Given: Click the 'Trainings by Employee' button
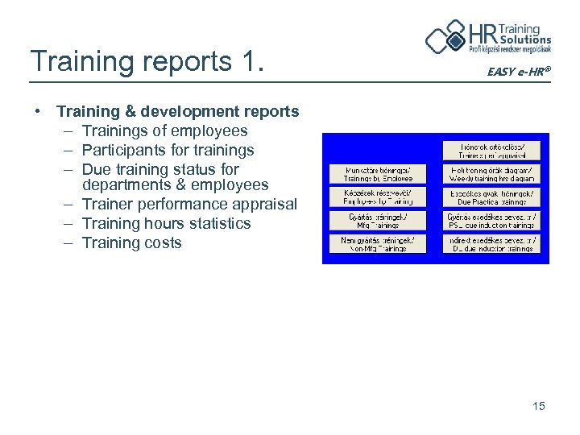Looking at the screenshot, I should pyautogui.click(x=377, y=174).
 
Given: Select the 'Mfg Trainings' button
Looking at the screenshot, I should pyautogui.click(x=377, y=221).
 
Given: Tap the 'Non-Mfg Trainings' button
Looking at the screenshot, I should pyautogui.click(x=377, y=244).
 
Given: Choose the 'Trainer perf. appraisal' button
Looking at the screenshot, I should pyautogui.click(x=491, y=151).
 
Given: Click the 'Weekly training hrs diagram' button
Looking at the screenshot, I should pyautogui.click(x=491, y=174).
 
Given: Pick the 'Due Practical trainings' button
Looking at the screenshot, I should pyautogui.click(x=491, y=197).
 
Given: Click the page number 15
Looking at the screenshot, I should pyautogui.click(x=539, y=406).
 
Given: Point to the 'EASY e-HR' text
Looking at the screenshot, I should pyautogui.click(x=519, y=72).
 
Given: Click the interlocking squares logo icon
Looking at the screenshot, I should pyautogui.click(x=445, y=36).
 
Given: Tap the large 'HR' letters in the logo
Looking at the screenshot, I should pyautogui.click(x=483, y=36).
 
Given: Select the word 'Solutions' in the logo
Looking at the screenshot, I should pyautogui.click(x=525, y=39).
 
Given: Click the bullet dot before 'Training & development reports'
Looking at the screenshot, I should pyautogui.click(x=39, y=111).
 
